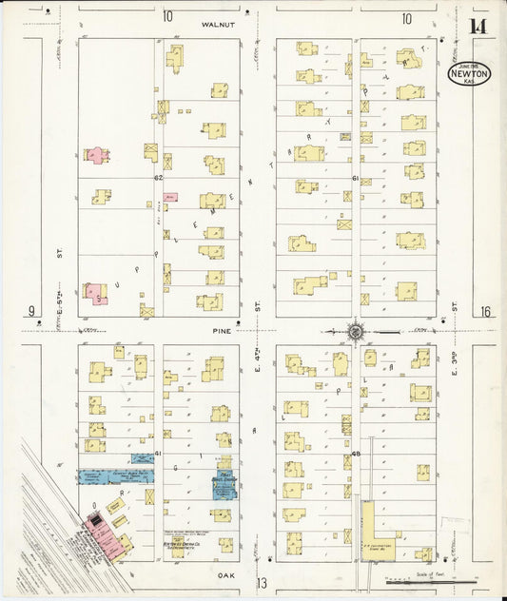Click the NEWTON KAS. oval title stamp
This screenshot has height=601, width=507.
470,74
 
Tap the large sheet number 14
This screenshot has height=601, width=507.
478,26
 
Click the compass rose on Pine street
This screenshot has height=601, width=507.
356,332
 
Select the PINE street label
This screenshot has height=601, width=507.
221,332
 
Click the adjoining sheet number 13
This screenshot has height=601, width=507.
262,582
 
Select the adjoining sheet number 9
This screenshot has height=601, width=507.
31,312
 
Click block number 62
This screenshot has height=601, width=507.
159,178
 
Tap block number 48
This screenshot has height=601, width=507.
354,455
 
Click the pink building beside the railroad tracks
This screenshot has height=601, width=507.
97,524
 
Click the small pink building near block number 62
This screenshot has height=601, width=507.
170,196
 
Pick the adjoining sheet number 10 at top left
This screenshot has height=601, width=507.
167,16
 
